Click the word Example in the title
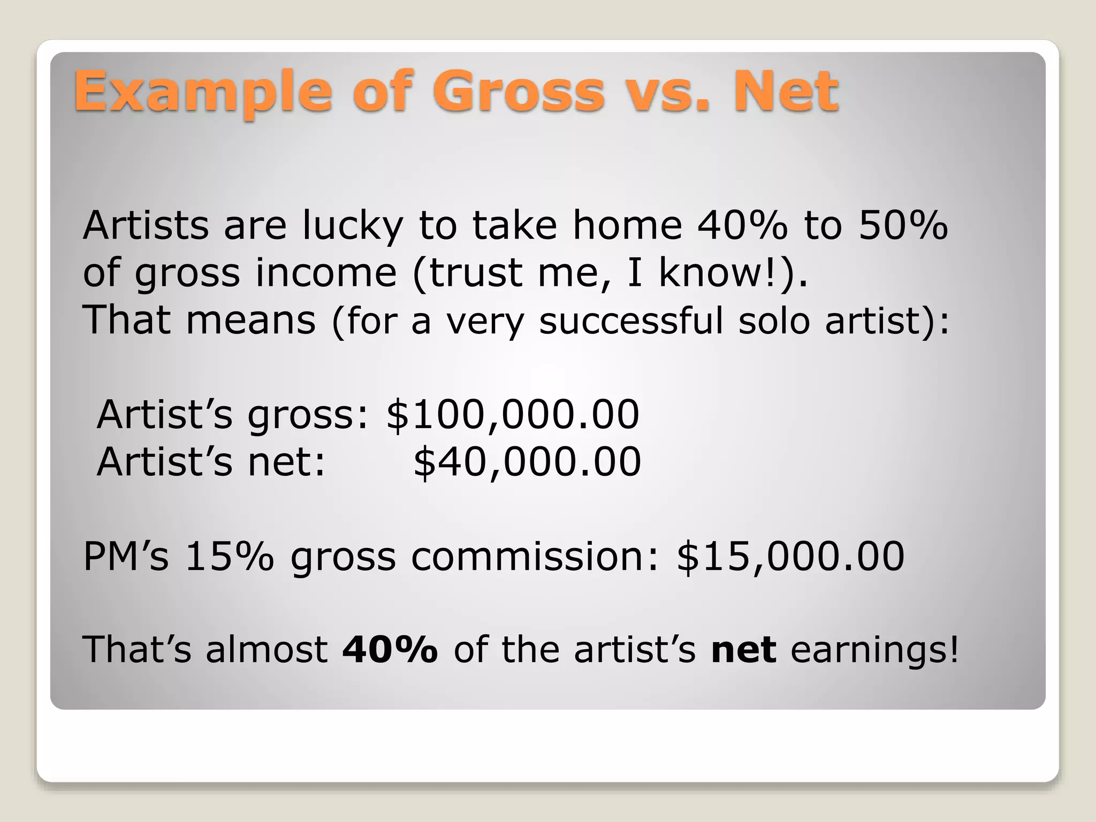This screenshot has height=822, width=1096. (x=203, y=93)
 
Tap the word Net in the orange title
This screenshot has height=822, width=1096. (x=785, y=92)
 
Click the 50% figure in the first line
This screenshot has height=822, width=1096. (x=903, y=225)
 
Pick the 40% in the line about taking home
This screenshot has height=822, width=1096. (x=742, y=225)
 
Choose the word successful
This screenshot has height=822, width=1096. (x=631, y=321)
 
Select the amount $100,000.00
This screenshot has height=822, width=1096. (x=513, y=415)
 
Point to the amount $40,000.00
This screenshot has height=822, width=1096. (x=527, y=462)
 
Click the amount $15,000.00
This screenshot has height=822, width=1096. (x=790, y=557)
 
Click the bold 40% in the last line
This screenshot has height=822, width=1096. (x=390, y=650)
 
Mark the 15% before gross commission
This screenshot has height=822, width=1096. (x=230, y=557)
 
